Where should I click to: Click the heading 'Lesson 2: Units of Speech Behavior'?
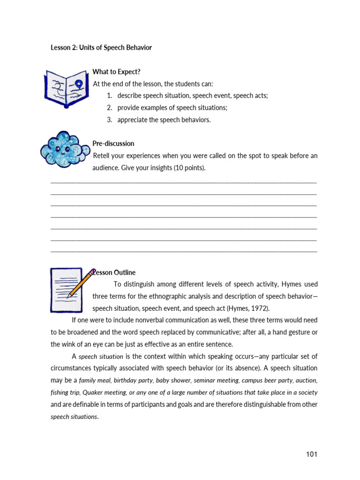coord(101,48)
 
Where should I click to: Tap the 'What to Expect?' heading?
coord(116,72)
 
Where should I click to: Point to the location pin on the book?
coord(78,84)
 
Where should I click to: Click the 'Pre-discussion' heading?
coord(113,143)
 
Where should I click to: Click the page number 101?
coord(312,454)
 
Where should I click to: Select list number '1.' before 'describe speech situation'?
coord(110,96)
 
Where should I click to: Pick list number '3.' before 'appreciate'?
coord(110,120)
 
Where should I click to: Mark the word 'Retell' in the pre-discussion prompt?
coord(102,156)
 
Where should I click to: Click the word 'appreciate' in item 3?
coord(133,120)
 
